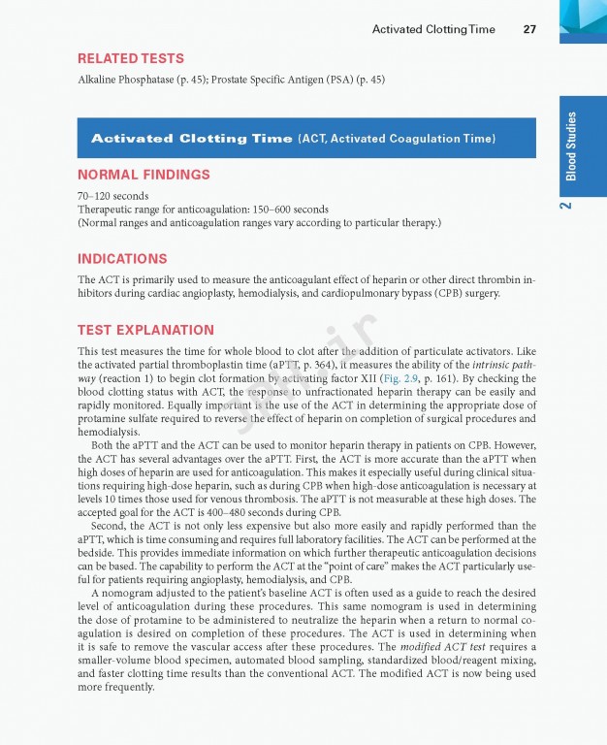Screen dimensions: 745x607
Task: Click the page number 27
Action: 529,29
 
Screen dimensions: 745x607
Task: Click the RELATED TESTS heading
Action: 131,59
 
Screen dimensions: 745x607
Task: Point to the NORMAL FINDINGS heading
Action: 144,175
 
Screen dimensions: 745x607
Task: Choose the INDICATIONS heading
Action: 122,259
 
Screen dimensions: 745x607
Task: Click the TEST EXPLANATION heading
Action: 145,330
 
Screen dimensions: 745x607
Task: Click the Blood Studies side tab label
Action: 572,146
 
